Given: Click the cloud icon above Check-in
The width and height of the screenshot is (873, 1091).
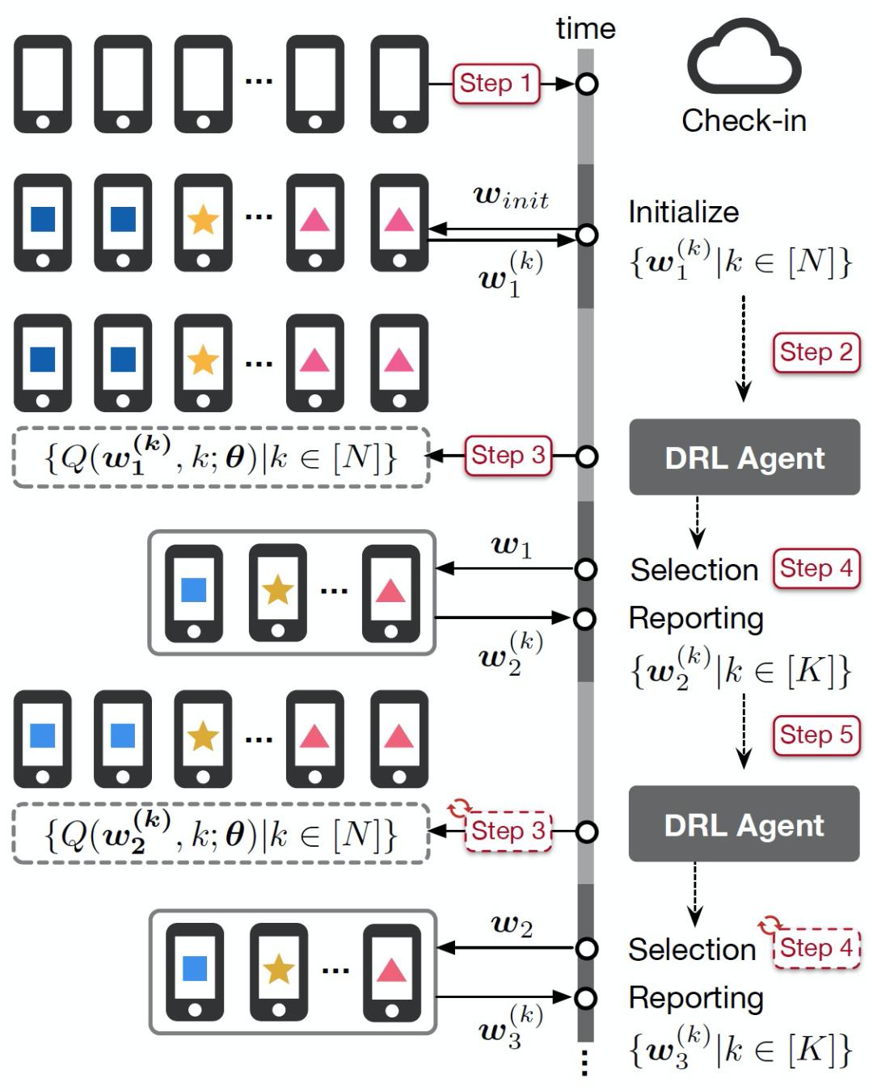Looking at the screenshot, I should tap(743, 58).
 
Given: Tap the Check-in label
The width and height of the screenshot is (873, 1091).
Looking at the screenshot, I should tap(744, 121).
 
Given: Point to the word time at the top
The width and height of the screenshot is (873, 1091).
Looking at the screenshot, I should tap(585, 29).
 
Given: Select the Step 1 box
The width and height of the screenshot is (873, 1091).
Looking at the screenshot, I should tap(496, 83).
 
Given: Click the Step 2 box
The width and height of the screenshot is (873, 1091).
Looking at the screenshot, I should tap(816, 352).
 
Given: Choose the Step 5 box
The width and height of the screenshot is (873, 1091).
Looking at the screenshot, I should tap(816, 735).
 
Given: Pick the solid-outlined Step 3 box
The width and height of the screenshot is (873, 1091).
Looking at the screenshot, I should tap(508, 456).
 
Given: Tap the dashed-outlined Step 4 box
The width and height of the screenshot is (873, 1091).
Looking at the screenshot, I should tap(816, 947).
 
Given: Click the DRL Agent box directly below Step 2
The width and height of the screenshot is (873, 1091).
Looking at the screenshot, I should tap(744, 457).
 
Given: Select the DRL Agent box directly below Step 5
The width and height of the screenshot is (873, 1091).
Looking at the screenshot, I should tap(744, 824).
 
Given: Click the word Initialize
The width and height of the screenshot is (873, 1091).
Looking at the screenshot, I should tap(684, 213).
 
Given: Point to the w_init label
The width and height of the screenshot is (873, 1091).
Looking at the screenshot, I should tap(511, 196).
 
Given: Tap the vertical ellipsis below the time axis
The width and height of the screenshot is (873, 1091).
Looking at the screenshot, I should tap(585, 1064).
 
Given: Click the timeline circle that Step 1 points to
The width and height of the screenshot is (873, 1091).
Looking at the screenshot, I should tap(587, 83).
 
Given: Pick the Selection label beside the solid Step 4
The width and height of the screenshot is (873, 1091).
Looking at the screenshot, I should tap(694, 570).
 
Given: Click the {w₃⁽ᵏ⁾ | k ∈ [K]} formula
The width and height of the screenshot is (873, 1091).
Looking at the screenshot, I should tap(740, 1048).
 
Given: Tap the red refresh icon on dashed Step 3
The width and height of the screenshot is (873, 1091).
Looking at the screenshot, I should tap(459, 807).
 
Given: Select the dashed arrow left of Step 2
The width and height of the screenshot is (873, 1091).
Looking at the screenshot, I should tap(743, 348).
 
